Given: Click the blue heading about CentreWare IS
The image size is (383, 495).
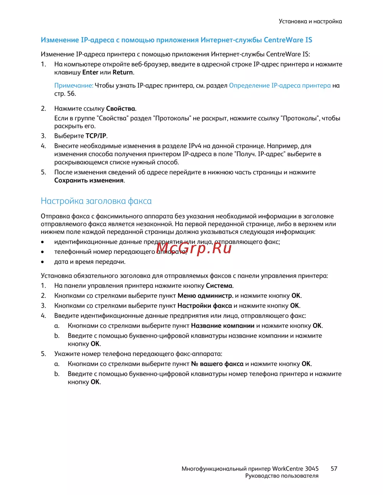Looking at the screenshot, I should (x=176, y=40).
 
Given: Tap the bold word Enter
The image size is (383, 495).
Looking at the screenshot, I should (x=90, y=72).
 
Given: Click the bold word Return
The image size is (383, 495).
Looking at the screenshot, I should (x=123, y=72).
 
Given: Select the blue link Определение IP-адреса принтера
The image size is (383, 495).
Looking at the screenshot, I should (x=280, y=86).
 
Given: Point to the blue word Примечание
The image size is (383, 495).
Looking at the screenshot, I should (x=74, y=86).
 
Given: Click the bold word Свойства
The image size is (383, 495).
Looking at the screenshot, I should (x=121, y=109).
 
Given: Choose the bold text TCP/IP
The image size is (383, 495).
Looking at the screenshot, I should (x=96, y=136).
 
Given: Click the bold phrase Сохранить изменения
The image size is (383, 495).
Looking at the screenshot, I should (x=89, y=181).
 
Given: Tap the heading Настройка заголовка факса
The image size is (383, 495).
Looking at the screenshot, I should (x=96, y=201).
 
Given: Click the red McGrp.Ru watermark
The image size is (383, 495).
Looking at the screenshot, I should (x=194, y=249).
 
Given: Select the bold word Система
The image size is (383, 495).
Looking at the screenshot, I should (x=219, y=286).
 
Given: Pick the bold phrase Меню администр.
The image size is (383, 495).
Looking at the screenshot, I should (x=205, y=296).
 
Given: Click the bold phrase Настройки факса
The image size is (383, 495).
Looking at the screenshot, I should (x=205, y=306).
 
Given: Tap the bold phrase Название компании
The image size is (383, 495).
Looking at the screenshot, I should (x=223, y=326).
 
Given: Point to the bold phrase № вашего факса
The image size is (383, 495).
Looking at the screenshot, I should (x=217, y=364).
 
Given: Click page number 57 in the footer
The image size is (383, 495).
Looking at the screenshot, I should (x=334, y=469).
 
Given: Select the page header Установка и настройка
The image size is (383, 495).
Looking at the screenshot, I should (x=310, y=21).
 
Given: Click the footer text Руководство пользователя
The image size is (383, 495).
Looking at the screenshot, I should (x=282, y=476).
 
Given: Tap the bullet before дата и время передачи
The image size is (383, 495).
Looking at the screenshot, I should (x=43, y=262).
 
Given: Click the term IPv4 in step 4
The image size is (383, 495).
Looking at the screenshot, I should (x=195, y=146).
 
